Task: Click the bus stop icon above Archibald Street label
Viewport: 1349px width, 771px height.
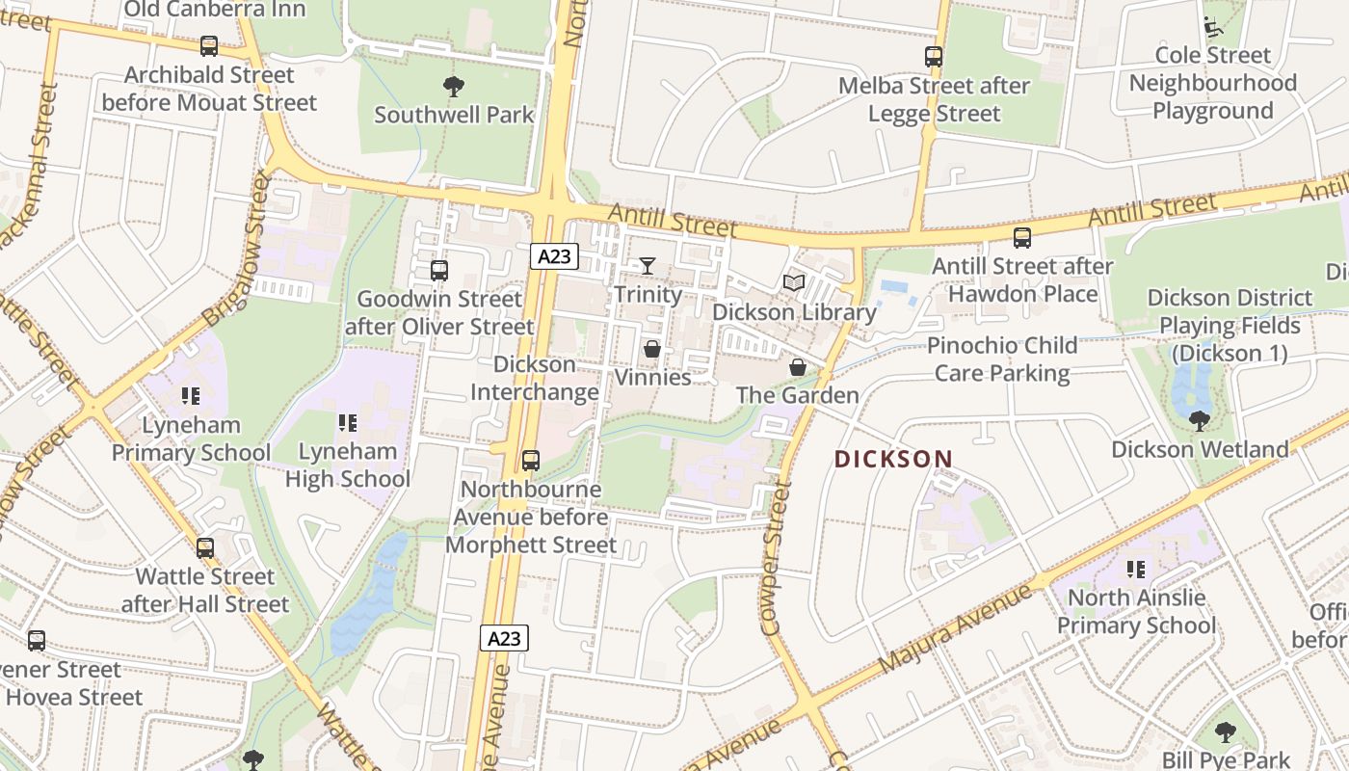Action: click(208, 45)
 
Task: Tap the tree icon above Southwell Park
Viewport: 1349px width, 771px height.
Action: click(453, 87)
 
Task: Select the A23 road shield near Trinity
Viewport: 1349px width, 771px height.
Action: click(554, 256)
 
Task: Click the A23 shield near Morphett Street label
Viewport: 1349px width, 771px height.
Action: click(504, 638)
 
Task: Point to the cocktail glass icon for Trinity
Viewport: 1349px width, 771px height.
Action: click(648, 265)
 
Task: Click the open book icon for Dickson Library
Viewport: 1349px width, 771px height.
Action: click(794, 282)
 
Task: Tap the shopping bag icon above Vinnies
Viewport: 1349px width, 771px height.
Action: click(652, 348)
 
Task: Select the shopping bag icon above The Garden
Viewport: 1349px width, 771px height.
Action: click(797, 366)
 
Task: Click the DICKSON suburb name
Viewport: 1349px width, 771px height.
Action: click(893, 459)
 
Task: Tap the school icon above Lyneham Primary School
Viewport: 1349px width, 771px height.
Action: click(190, 395)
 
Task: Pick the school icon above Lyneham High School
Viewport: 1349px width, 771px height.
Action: click(348, 422)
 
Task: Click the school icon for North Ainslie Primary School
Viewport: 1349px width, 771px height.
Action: click(1136, 569)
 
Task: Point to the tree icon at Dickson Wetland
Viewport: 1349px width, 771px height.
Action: click(1199, 420)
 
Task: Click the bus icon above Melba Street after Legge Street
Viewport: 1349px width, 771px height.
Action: click(933, 57)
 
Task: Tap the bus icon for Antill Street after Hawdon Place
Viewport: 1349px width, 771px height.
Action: click(1022, 237)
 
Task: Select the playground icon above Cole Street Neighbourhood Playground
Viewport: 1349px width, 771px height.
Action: click(1212, 26)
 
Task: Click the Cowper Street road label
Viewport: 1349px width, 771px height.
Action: click(777, 559)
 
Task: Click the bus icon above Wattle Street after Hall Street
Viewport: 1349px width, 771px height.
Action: click(204, 548)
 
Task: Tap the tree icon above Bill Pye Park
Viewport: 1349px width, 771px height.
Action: click(1225, 732)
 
